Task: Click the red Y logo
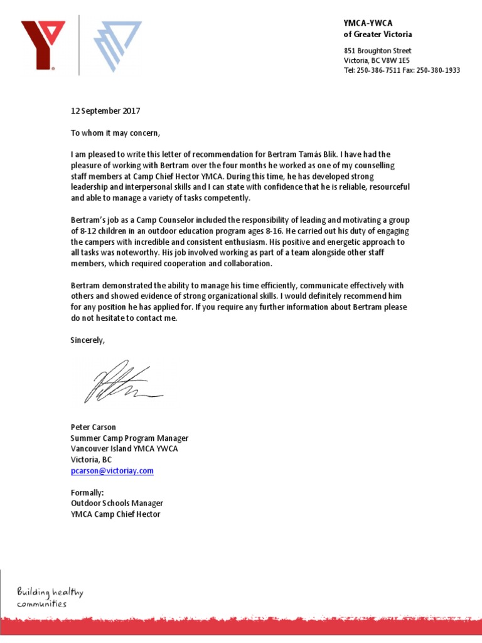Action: [x=43, y=44]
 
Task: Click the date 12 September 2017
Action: [x=105, y=111]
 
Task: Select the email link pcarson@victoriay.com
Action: [x=112, y=470]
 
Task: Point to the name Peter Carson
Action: [x=93, y=428]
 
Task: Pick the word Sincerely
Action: [x=88, y=340]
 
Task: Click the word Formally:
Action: [x=87, y=493]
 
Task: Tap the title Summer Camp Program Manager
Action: [x=129, y=438]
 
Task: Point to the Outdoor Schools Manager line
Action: [x=117, y=504]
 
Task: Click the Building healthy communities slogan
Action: [x=50, y=597]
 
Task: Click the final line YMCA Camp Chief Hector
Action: [x=115, y=514]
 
